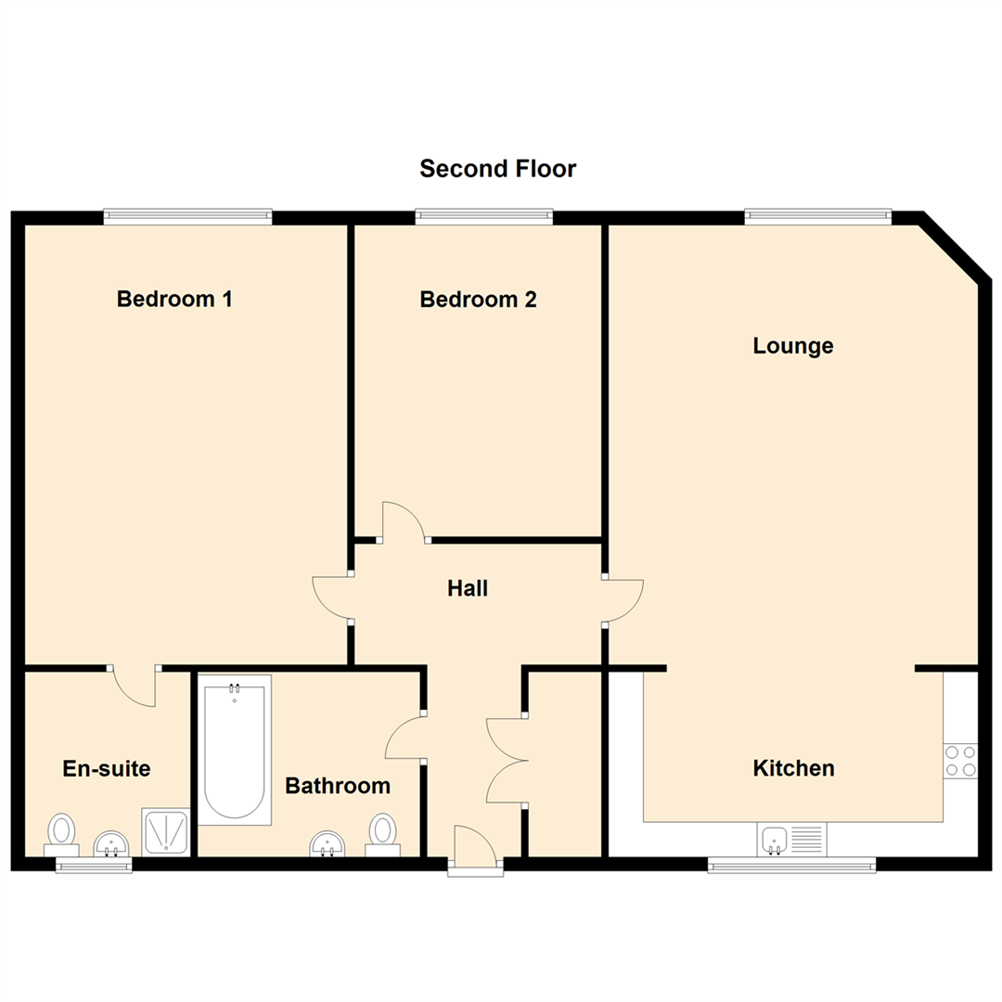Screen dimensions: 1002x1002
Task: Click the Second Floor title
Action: (497, 169)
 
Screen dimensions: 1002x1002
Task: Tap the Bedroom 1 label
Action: (174, 300)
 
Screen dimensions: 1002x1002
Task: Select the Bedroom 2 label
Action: (478, 300)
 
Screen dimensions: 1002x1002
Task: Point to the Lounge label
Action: (792, 346)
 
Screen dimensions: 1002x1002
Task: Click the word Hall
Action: (468, 588)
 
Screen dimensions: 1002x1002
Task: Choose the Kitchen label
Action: (793, 768)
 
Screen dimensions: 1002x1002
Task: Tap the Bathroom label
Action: (338, 786)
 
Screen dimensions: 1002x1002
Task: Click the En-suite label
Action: (107, 768)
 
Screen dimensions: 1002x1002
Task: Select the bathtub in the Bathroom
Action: (234, 750)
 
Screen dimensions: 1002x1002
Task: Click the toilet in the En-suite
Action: (62, 830)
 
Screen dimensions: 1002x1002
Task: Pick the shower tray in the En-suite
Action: (165, 830)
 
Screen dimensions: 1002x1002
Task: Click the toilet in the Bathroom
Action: (382, 830)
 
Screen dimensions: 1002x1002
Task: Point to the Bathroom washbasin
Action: (328, 843)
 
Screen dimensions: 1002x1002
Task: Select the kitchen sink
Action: (790, 840)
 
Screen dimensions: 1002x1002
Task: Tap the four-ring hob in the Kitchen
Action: (960, 761)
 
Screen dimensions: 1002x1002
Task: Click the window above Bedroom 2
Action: (483, 217)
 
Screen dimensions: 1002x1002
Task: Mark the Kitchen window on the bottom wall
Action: (791, 865)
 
